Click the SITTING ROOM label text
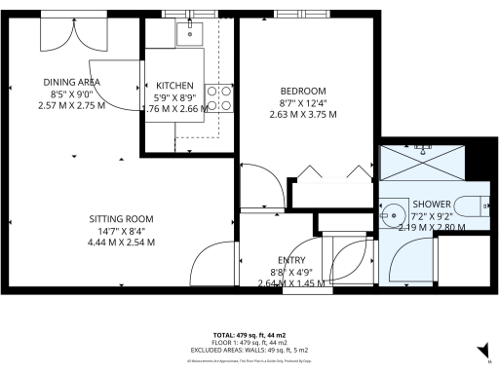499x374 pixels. [x=122, y=218]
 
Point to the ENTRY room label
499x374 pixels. [x=291, y=259]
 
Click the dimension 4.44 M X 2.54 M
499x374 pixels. [x=122, y=243]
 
